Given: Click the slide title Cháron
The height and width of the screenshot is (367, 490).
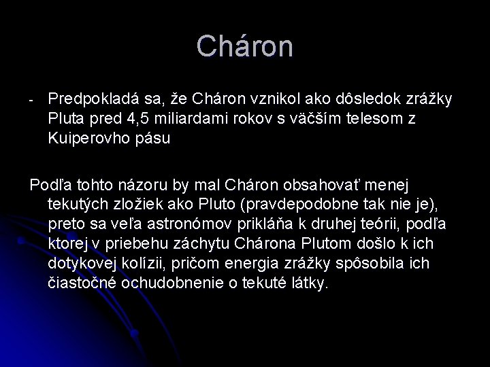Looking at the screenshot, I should pos(245,47).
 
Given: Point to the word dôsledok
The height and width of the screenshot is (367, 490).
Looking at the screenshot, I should pos(364,101).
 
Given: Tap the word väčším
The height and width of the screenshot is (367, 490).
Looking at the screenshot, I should pos(330,120).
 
